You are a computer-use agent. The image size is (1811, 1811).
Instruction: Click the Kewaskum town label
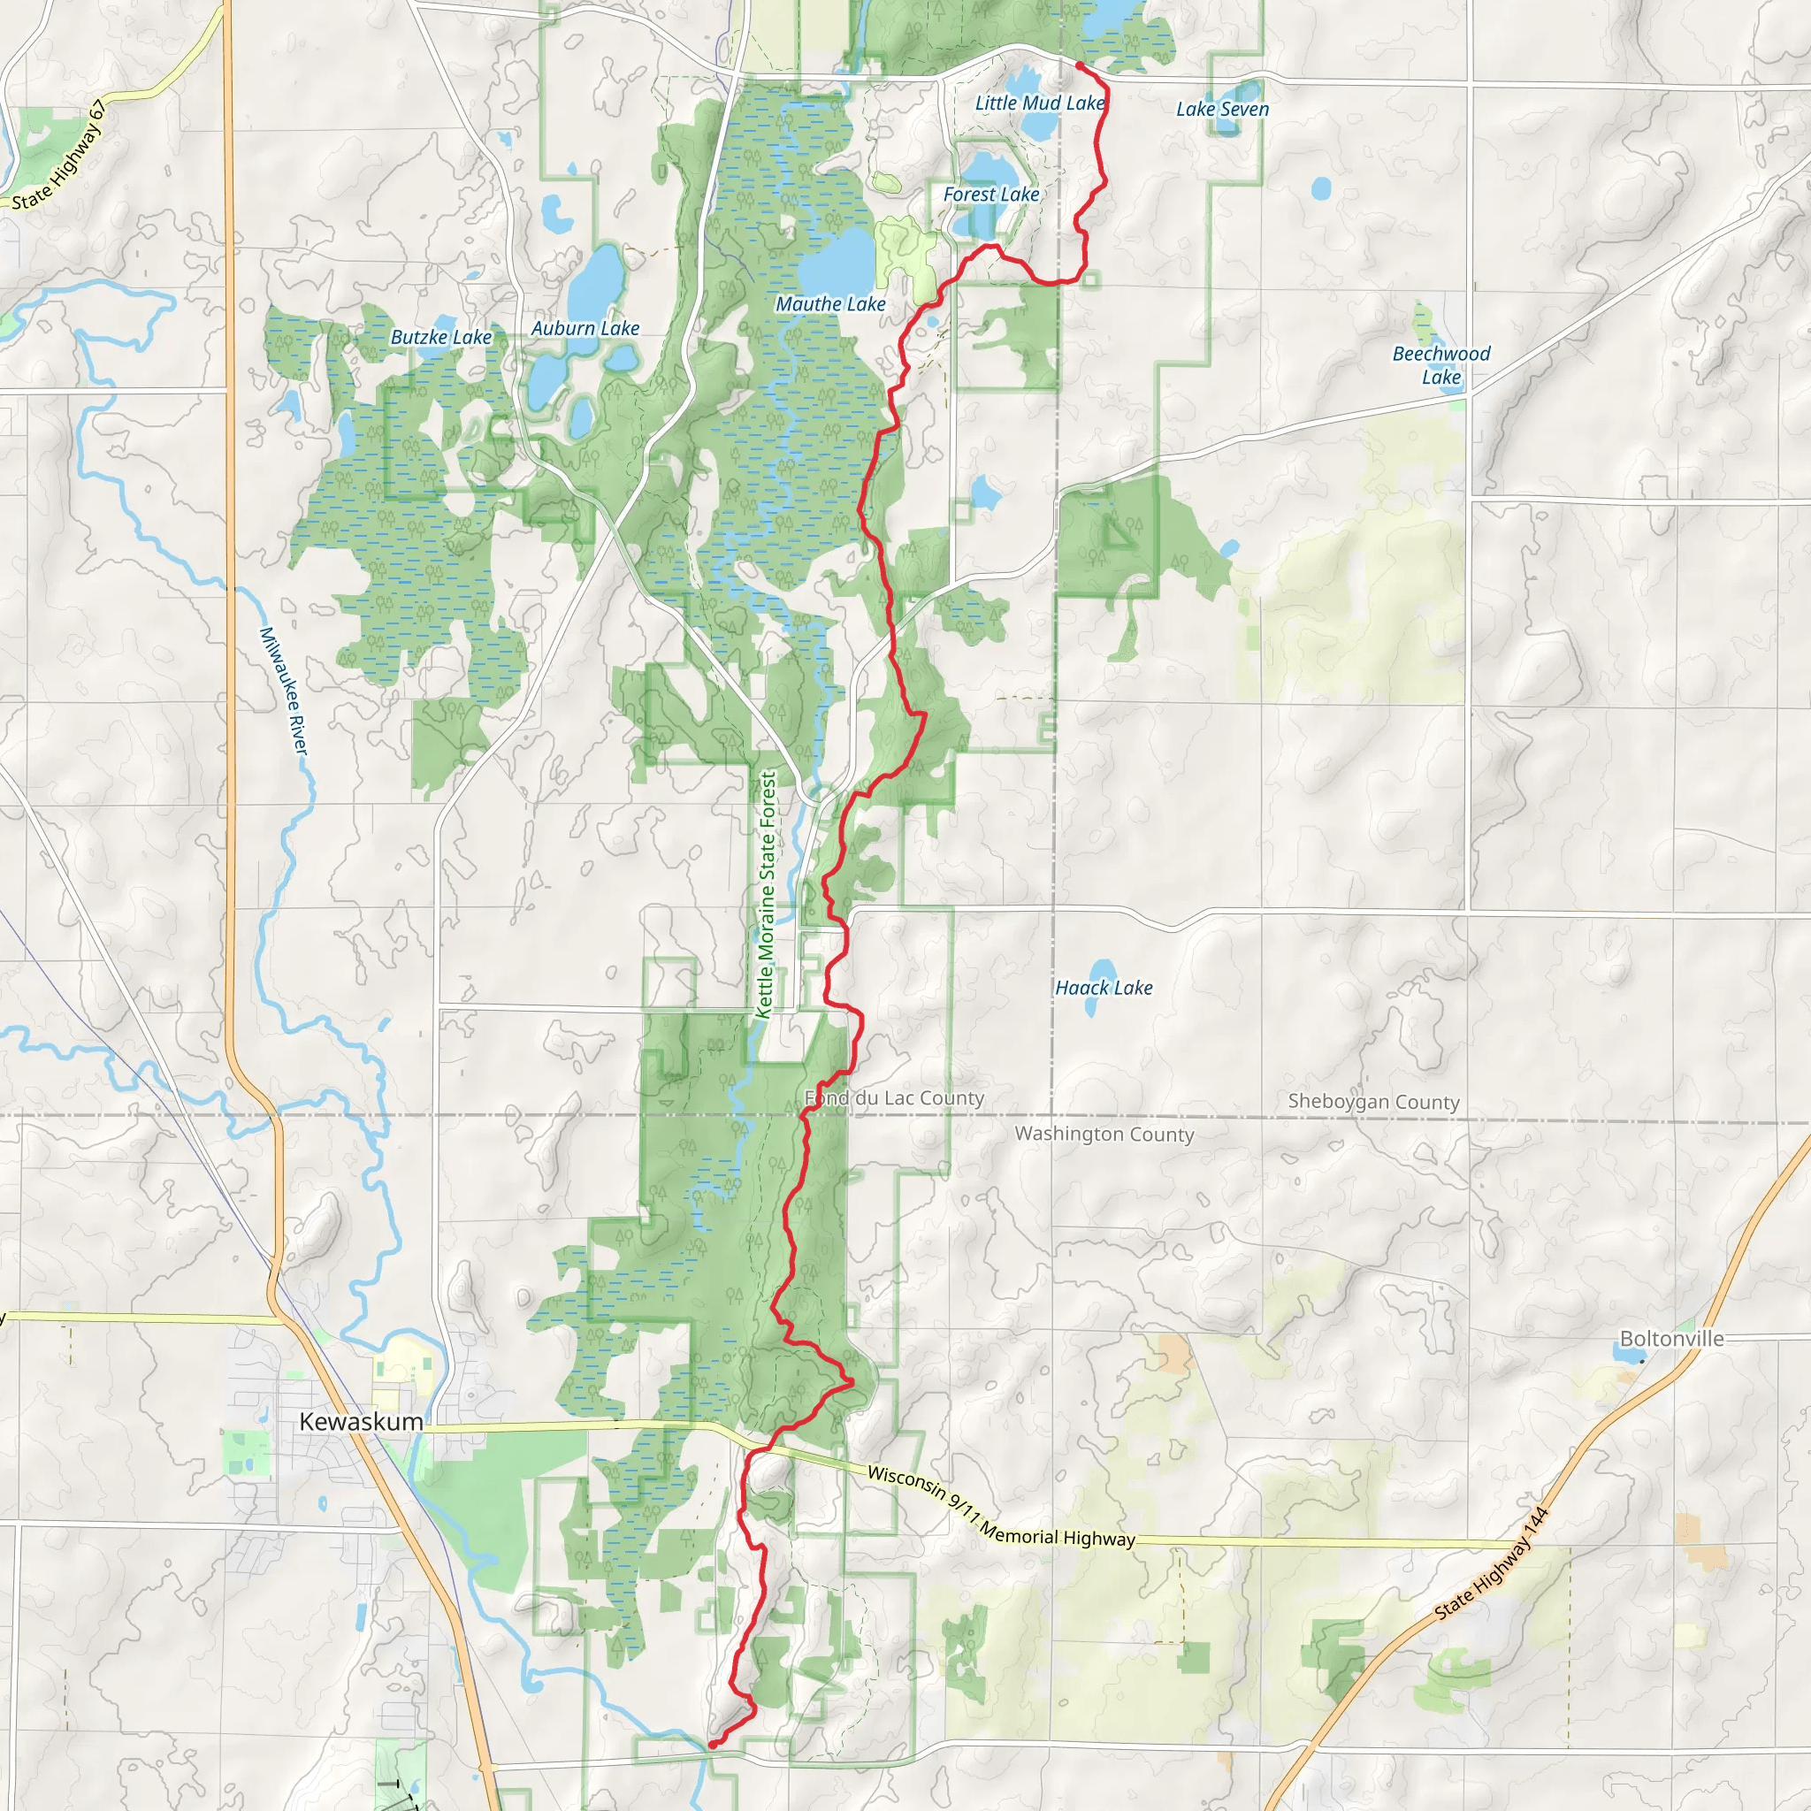(361, 1422)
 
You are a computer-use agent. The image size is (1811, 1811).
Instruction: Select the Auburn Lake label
(585, 328)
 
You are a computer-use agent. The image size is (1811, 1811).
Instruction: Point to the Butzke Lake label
(440, 338)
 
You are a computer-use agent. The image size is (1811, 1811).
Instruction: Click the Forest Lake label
(990, 194)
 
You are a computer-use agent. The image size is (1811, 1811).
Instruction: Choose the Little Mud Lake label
(1040, 103)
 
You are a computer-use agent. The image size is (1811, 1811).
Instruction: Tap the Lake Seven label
(1222, 109)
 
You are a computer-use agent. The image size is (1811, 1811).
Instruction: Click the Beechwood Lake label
(1440, 365)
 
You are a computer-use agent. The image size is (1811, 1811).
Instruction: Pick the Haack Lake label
(1104, 988)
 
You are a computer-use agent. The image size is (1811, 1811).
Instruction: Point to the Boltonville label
(1671, 1339)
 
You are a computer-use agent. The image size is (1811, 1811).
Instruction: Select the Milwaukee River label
(283, 690)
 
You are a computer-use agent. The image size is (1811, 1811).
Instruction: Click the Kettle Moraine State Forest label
(767, 894)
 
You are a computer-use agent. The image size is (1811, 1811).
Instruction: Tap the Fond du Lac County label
(894, 1097)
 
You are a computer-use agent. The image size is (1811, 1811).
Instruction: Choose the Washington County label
(1104, 1135)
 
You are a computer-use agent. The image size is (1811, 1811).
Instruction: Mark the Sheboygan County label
(1373, 1102)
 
